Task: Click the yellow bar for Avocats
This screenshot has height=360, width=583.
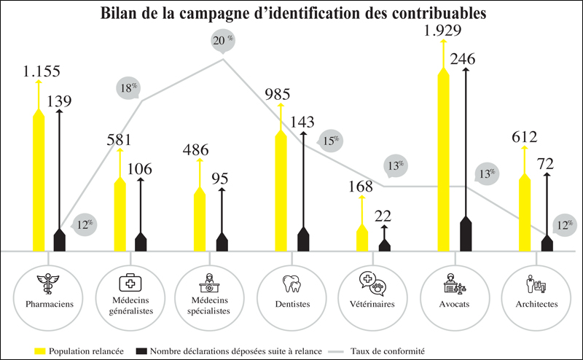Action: (x=442, y=160)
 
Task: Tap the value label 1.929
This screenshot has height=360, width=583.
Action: (x=443, y=31)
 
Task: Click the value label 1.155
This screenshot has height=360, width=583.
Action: (x=41, y=71)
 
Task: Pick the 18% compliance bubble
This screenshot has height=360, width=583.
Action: (x=129, y=89)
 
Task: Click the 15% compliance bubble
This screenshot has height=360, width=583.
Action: (x=331, y=140)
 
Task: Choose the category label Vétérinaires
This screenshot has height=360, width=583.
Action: (x=372, y=304)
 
